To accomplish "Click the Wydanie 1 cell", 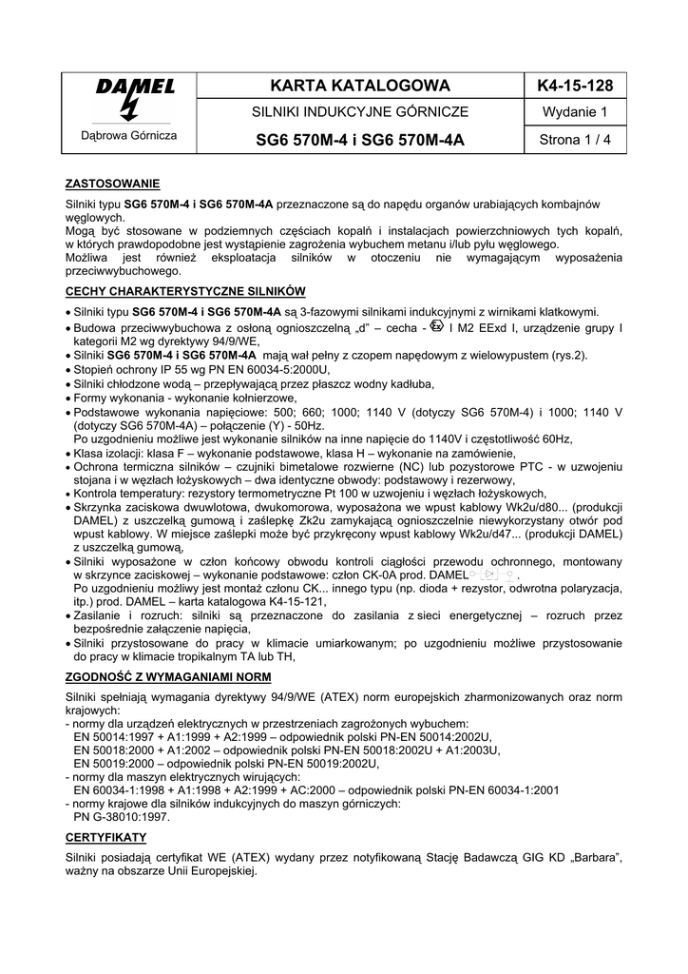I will (x=574, y=112).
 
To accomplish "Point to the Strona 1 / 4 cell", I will (x=574, y=141).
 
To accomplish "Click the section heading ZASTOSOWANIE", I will (x=112, y=183).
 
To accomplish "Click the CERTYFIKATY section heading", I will (x=105, y=837).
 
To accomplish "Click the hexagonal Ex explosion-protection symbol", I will (x=436, y=326).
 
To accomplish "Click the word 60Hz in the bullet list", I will (x=555, y=439).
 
